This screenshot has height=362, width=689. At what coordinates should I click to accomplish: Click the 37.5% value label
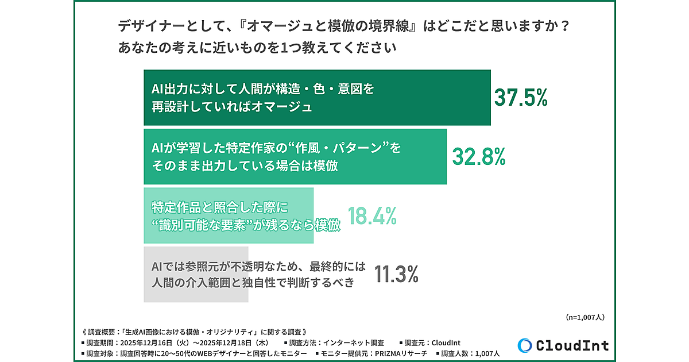[x=521, y=98]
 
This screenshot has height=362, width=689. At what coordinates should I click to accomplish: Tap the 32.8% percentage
[x=479, y=156]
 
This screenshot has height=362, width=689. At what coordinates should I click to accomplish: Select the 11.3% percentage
[x=396, y=274]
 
